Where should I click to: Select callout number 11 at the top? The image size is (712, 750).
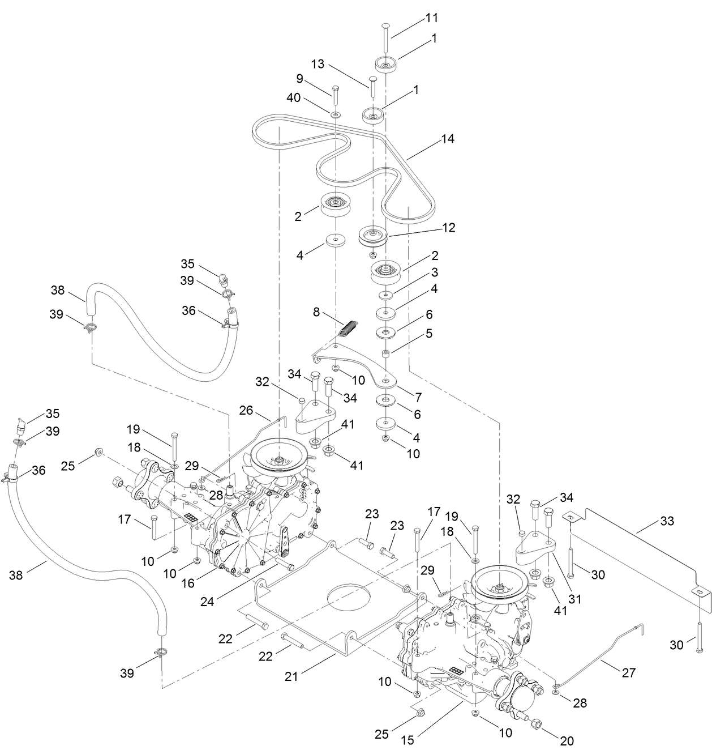click(x=432, y=19)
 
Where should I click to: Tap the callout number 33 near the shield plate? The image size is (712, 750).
click(x=667, y=521)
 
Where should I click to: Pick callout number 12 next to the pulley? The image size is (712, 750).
click(x=448, y=227)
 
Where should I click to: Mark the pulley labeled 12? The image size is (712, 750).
click(x=373, y=236)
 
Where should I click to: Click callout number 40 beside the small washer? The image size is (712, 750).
click(x=309, y=97)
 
